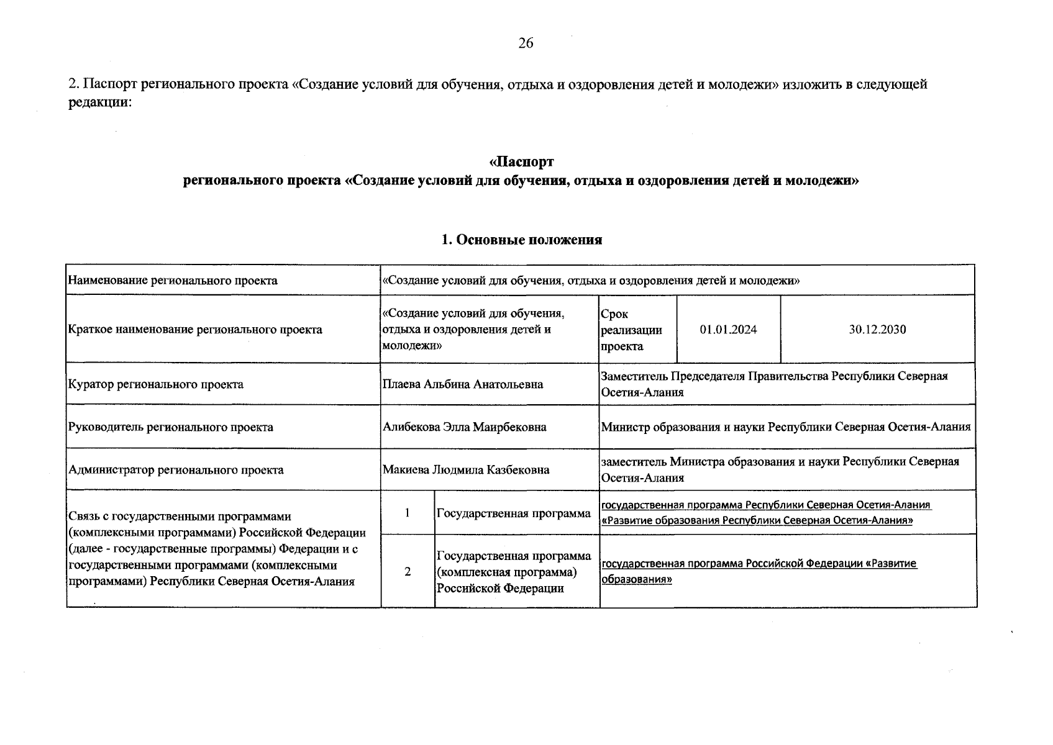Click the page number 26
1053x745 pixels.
[x=526, y=43]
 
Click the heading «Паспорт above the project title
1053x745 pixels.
[x=521, y=162]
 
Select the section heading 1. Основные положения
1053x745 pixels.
[x=521, y=240]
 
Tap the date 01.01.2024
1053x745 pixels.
[x=728, y=330]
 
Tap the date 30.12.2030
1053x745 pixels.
[x=877, y=330]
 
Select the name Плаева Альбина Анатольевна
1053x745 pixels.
[x=463, y=384]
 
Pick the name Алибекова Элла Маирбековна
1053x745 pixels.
[x=465, y=427]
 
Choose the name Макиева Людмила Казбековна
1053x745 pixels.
[x=466, y=470]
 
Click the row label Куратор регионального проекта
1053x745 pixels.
[x=156, y=384]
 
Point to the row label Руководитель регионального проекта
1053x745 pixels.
[x=171, y=427]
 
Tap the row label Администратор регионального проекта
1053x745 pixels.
[x=176, y=470]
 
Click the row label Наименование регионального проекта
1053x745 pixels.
[x=173, y=281]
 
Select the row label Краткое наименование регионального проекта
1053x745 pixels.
[x=195, y=330]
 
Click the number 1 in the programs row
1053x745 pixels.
[x=408, y=513]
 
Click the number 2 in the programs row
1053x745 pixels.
[x=408, y=571]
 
